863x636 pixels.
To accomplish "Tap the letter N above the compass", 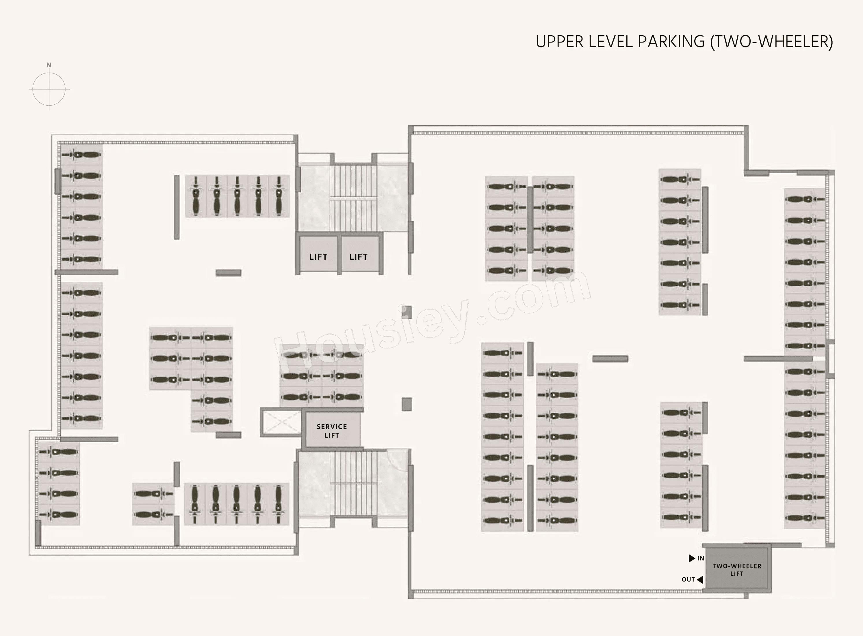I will point(49,65).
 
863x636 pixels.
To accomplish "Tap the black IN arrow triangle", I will point(691,558).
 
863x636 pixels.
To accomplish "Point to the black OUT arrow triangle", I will point(700,579).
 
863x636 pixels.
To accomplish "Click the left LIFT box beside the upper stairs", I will point(318,254).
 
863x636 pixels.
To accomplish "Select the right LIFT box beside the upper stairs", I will point(359,254).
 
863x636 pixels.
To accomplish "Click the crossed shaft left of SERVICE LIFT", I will point(281,422).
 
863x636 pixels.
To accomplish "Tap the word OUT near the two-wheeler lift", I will point(688,579).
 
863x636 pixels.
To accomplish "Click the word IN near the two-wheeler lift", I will point(701,558).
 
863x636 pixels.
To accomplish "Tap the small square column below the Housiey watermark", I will point(407,404).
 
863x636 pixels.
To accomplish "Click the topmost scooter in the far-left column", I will point(81,155).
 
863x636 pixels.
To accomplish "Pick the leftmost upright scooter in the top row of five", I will point(196,196).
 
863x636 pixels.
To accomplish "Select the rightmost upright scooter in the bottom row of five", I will point(278,504).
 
